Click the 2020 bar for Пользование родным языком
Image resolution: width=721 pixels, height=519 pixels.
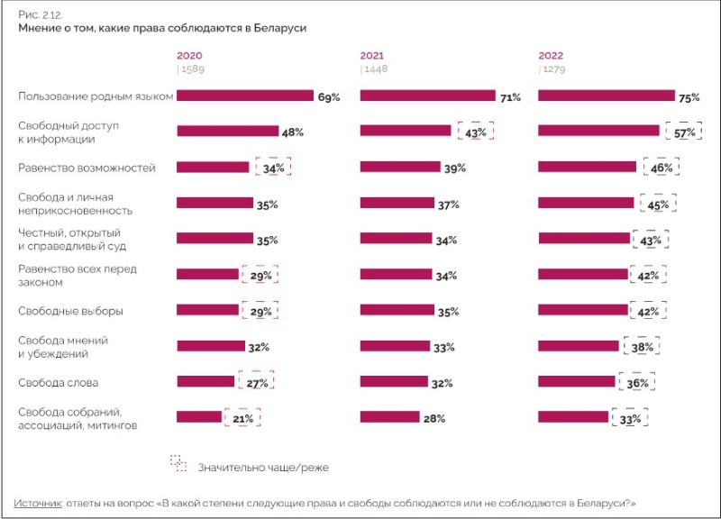[244, 96]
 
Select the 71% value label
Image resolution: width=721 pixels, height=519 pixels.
[511, 96]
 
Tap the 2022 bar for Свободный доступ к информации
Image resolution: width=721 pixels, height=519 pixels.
[598, 131]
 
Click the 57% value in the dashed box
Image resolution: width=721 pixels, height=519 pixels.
[682, 133]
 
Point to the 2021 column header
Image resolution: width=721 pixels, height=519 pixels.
[371, 55]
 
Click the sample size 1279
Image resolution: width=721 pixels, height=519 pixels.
[553, 68]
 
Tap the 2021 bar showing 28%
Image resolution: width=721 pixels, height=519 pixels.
[389, 416]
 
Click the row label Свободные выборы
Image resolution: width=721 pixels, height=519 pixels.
[70, 311]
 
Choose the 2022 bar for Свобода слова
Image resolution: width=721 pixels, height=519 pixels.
[576, 381]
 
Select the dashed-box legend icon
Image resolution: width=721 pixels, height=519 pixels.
[178, 462]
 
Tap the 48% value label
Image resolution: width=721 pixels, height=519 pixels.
[292, 132]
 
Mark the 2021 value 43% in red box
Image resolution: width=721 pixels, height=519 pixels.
[475, 132]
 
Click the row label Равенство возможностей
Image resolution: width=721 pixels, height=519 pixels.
[87, 168]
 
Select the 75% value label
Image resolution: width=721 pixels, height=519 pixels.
[689, 96]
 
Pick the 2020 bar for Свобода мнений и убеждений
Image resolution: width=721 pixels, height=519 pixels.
[210, 345]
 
